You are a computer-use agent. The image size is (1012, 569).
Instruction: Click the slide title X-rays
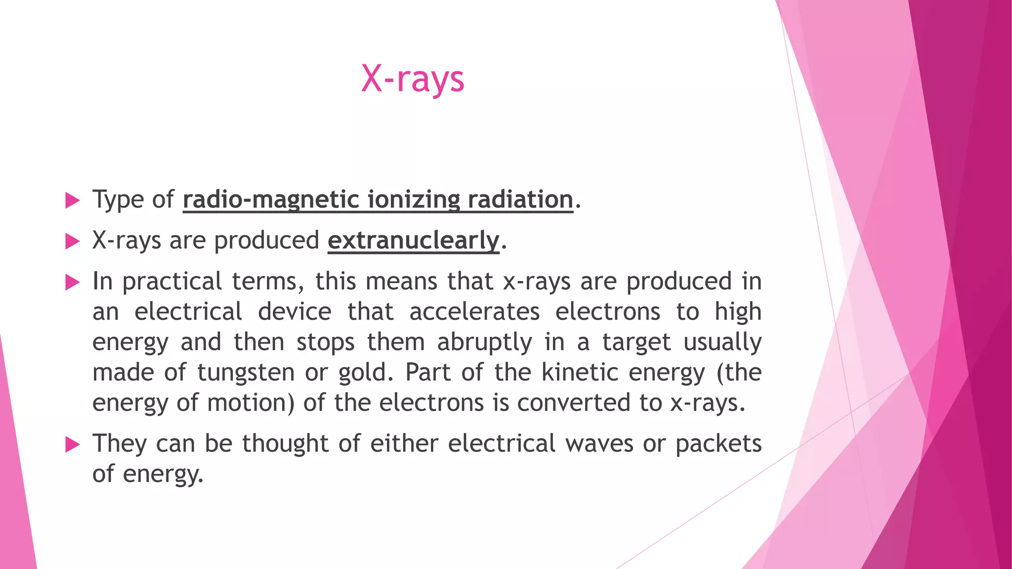(413, 79)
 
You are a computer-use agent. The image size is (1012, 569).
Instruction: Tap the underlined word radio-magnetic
(271, 200)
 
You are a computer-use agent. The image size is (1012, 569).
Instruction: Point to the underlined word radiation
(520, 200)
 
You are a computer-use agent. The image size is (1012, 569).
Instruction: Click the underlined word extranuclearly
(413, 241)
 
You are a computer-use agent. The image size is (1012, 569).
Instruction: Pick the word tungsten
(246, 372)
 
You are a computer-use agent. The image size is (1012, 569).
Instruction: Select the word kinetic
(580, 372)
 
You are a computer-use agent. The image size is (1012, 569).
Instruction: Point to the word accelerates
(474, 312)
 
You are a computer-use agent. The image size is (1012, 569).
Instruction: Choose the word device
(295, 312)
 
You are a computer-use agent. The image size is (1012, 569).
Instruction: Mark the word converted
(573, 403)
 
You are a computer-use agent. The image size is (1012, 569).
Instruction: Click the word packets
(718, 443)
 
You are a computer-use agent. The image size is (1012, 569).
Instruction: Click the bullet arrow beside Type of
(72, 201)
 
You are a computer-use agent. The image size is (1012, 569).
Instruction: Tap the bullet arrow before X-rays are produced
(72, 242)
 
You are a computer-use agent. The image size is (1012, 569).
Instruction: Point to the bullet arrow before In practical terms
(72, 283)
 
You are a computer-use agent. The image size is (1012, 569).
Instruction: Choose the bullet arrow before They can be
(72, 445)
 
